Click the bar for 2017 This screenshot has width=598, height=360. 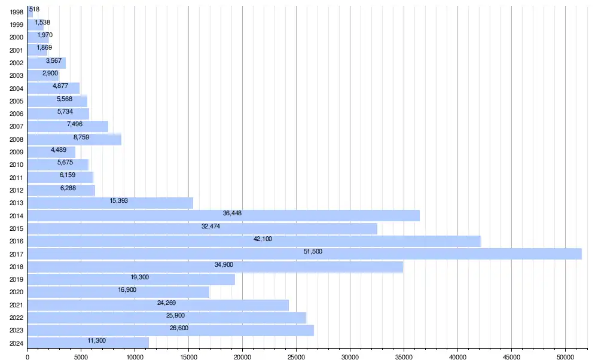coord(304,254)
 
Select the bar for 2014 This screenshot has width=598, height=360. coord(224,215)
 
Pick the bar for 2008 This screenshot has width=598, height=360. coord(74,139)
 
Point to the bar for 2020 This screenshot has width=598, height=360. coord(118,292)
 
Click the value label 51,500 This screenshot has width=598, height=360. coord(313,252)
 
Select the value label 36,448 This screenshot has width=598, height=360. coord(232,213)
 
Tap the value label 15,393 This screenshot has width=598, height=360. coord(119,201)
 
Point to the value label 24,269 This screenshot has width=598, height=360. coord(166,303)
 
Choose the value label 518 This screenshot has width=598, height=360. coord(34,10)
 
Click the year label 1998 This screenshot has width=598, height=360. coord(17,12)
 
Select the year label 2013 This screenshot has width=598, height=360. coord(17,203)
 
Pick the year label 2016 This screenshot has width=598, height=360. coord(17,242)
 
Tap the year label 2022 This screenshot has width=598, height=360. coord(17,318)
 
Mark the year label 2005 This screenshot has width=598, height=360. coord(17,101)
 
